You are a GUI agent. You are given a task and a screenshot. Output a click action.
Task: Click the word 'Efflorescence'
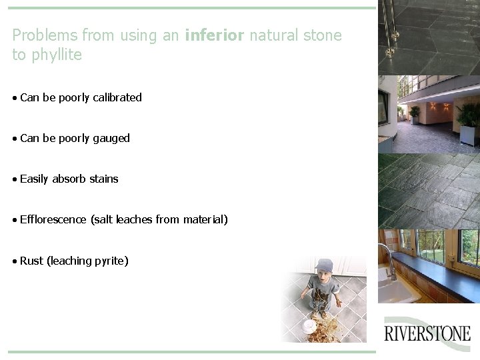click(x=53, y=219)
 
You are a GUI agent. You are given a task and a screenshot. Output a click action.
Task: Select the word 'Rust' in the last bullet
click(x=31, y=261)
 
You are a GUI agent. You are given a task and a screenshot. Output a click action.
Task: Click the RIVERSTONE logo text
click(x=427, y=333)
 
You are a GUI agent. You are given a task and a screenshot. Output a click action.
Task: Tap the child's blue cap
click(x=325, y=264)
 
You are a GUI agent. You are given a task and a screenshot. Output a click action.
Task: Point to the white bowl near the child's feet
click(x=309, y=325)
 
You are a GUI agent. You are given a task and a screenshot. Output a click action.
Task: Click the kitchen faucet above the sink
click(x=387, y=257)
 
